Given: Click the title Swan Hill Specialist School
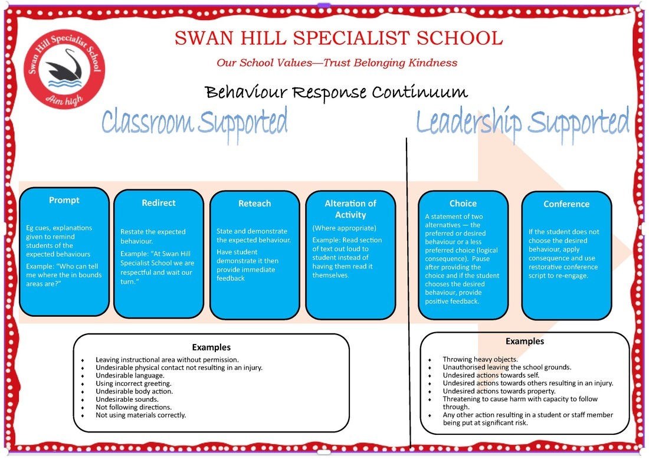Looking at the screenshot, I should pyautogui.click(x=338, y=38).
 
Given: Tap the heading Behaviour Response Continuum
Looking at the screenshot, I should pyautogui.click(x=336, y=93).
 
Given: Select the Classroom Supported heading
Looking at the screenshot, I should pyautogui.click(x=195, y=121).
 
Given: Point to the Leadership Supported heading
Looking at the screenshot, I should pyautogui.click(x=522, y=121).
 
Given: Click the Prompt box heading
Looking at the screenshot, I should pyautogui.click(x=64, y=200).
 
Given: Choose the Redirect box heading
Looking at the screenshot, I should pyautogui.click(x=159, y=202).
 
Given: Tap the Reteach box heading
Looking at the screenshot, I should pyautogui.click(x=254, y=203).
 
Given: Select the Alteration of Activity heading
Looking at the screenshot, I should pyautogui.click(x=350, y=209).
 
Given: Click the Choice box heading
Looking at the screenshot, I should pyautogui.click(x=463, y=203).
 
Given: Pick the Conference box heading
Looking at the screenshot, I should pyautogui.click(x=566, y=204).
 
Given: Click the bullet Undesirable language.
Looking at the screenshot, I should pyautogui.click(x=130, y=375).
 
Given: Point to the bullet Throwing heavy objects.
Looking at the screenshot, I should pyautogui.click(x=480, y=359).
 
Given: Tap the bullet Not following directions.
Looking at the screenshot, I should pyautogui.click(x=133, y=407).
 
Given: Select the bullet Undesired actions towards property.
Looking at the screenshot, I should pyautogui.click(x=499, y=391).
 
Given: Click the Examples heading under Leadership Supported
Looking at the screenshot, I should pyautogui.click(x=525, y=341).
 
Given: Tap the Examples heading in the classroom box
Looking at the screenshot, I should pyautogui.click(x=211, y=347).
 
